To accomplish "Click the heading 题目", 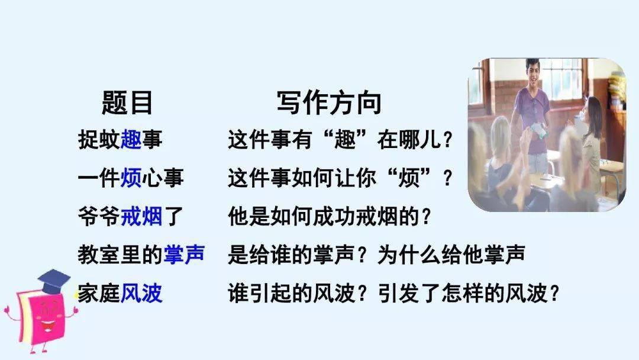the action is (x=127, y=103).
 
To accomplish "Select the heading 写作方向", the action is (x=330, y=103).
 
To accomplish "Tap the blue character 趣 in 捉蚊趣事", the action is (x=131, y=139).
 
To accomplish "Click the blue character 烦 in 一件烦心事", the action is (x=131, y=178).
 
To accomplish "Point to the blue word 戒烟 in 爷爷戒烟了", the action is (x=141, y=216).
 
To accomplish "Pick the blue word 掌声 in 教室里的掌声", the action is (x=184, y=255).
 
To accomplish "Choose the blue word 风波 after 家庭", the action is (x=141, y=292).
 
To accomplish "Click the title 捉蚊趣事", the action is (x=120, y=139).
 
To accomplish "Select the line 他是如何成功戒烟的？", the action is (x=330, y=216).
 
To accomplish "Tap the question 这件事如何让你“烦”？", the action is (x=340, y=178).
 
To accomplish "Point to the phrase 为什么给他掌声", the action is (x=451, y=255).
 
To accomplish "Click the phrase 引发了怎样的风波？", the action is (x=468, y=292).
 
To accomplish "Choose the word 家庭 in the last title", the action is (x=99, y=292).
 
